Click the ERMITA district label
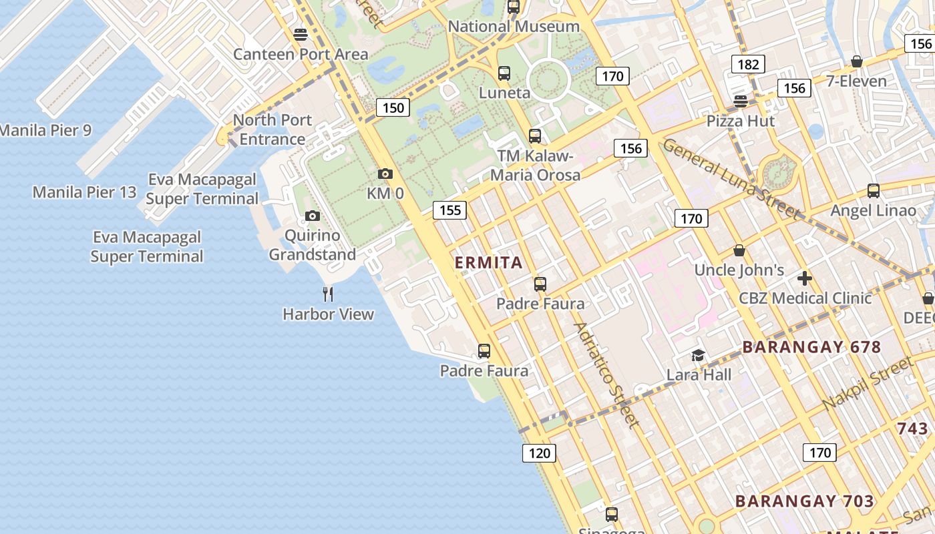488,262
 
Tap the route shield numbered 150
393,107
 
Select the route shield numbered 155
450,210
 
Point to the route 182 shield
748,64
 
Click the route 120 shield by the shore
539,454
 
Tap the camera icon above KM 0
385,174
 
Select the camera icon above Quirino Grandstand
312,216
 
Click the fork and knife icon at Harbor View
328,294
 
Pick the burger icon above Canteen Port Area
301,34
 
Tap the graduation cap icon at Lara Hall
698,355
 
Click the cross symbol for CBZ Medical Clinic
805,278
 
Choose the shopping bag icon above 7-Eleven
856,62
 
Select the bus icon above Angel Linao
873,191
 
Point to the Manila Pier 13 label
84,193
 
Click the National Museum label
514,27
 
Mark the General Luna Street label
731,179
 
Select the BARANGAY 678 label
811,347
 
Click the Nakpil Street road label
867,384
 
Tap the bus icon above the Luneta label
504,73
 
